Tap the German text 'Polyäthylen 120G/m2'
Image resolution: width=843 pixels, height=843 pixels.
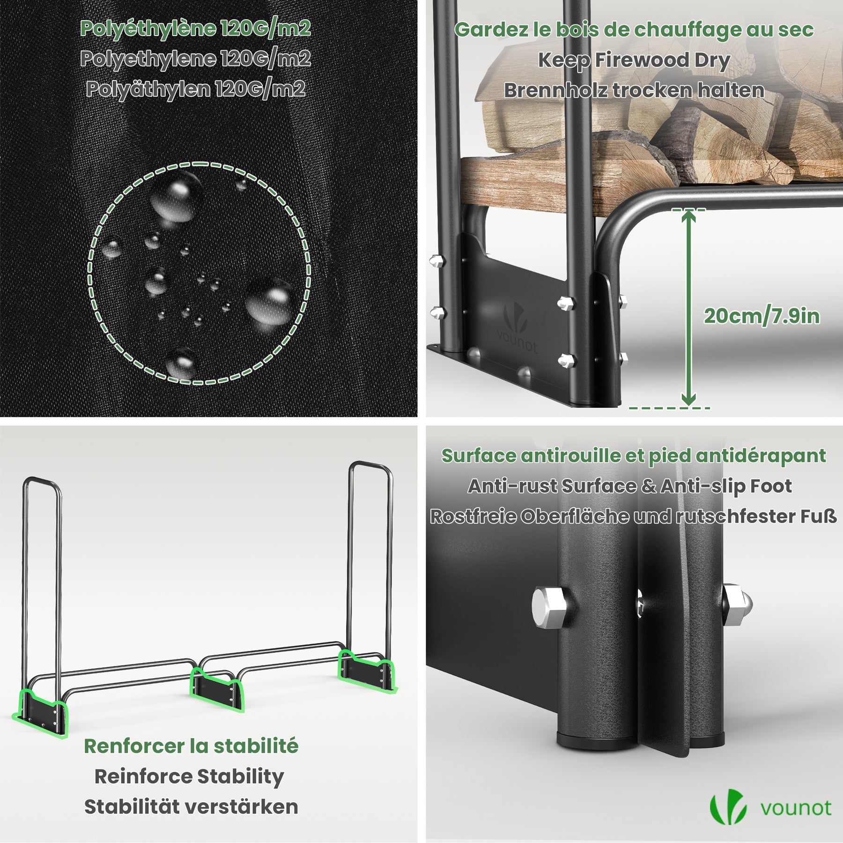click(195, 89)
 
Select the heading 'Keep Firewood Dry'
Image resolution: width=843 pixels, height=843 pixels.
click(634, 60)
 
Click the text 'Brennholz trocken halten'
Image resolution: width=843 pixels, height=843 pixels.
click(634, 90)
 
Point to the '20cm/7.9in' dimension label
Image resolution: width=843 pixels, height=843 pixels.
click(762, 317)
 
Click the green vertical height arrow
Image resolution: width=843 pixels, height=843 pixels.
click(688, 309)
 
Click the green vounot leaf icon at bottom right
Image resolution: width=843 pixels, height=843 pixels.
click(728, 807)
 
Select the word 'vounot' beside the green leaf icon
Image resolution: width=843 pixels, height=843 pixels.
click(796, 808)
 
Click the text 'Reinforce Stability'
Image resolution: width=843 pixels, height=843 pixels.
click(189, 776)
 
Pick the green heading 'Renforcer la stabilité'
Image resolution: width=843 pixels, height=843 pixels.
click(191, 746)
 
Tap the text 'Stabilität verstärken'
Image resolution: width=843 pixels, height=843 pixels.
click(191, 807)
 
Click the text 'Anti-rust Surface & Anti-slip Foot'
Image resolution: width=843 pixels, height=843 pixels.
click(630, 486)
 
